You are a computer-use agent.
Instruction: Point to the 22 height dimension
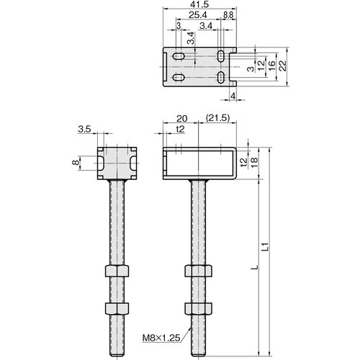[x=283, y=65]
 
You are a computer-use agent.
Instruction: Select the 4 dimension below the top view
[x=233, y=95]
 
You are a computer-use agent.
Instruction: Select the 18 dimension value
[x=254, y=165]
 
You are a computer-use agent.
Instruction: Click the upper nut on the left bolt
[x=115, y=272]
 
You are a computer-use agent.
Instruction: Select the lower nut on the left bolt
[x=115, y=308]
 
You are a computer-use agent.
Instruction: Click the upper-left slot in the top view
[x=179, y=55]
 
